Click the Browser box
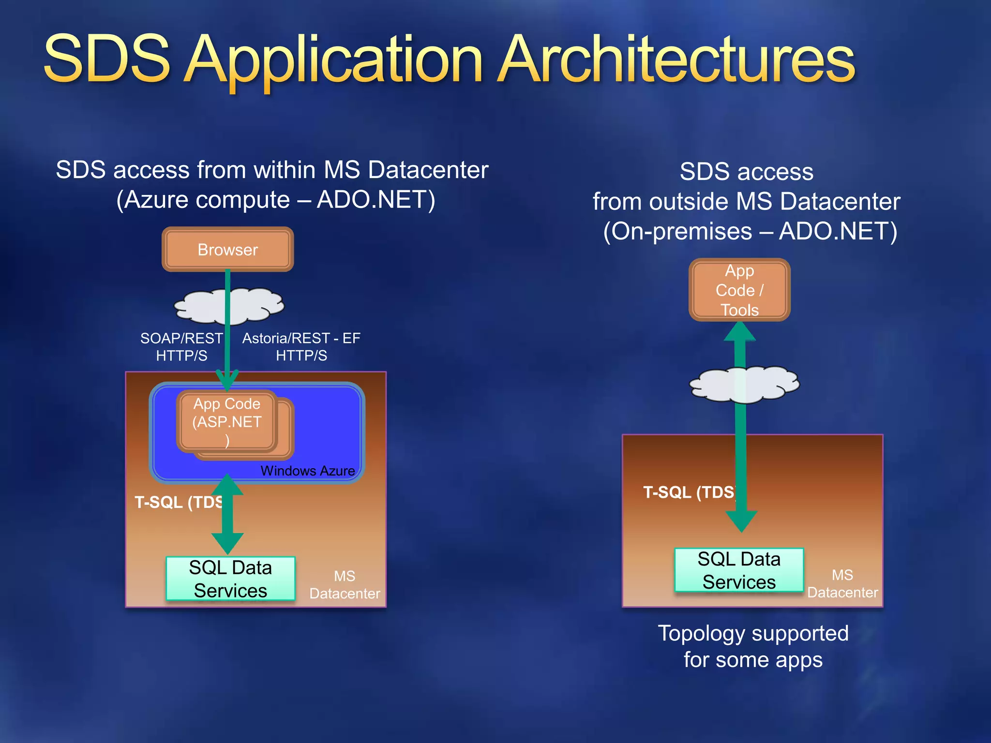pyautogui.click(x=227, y=250)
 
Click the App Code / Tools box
pyautogui.click(x=739, y=290)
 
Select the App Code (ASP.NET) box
pyautogui.click(x=227, y=421)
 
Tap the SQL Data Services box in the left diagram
pyautogui.click(x=230, y=579)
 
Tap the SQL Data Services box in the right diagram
pyautogui.click(x=739, y=570)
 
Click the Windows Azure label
pyautogui.click(x=307, y=471)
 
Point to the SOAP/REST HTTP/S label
pyautogui.click(x=181, y=347)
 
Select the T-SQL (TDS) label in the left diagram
pyautogui.click(x=179, y=502)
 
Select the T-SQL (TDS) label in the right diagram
pyautogui.click(x=689, y=492)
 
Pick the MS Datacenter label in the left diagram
pyautogui.click(x=345, y=585)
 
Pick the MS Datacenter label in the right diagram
pyautogui.click(x=842, y=584)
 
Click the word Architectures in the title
pyautogui.click(x=676, y=60)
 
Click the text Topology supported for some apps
pyautogui.click(x=753, y=646)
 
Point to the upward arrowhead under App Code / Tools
pyautogui.click(x=739, y=332)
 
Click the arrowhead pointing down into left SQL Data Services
pyautogui.click(x=227, y=543)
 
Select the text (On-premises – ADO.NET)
pyautogui.click(x=750, y=231)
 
